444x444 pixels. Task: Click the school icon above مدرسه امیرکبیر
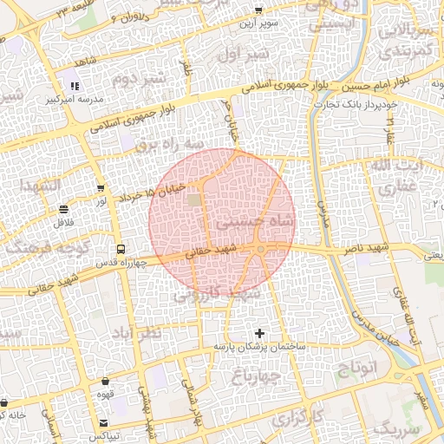click(75, 86)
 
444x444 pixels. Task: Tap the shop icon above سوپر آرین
click(258, 10)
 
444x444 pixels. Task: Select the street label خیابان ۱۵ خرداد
click(153, 193)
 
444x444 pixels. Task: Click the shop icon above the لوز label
click(102, 187)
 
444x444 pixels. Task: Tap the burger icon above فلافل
click(65, 210)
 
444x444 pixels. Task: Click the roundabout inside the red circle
click(259, 251)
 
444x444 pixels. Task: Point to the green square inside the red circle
click(193, 201)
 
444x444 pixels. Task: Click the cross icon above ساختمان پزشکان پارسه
click(259, 334)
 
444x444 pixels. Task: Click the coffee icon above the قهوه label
click(106, 382)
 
